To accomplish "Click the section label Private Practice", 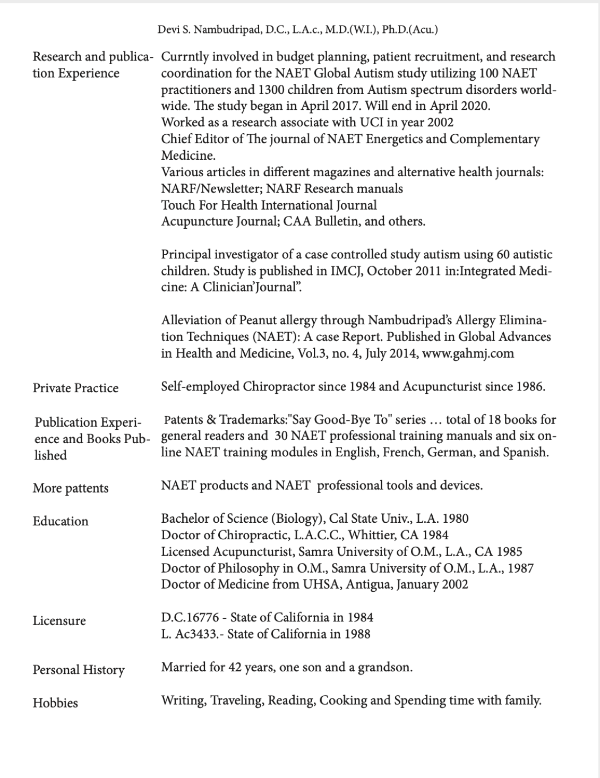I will coord(75,388).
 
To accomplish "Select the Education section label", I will coord(61,521).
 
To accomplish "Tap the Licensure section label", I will coord(59,620).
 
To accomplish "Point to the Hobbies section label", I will coord(55,703).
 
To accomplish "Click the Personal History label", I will coord(79,670).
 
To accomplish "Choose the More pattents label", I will coord(71,488).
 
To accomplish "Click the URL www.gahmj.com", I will coord(468,353).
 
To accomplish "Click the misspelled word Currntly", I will coord(186,57).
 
